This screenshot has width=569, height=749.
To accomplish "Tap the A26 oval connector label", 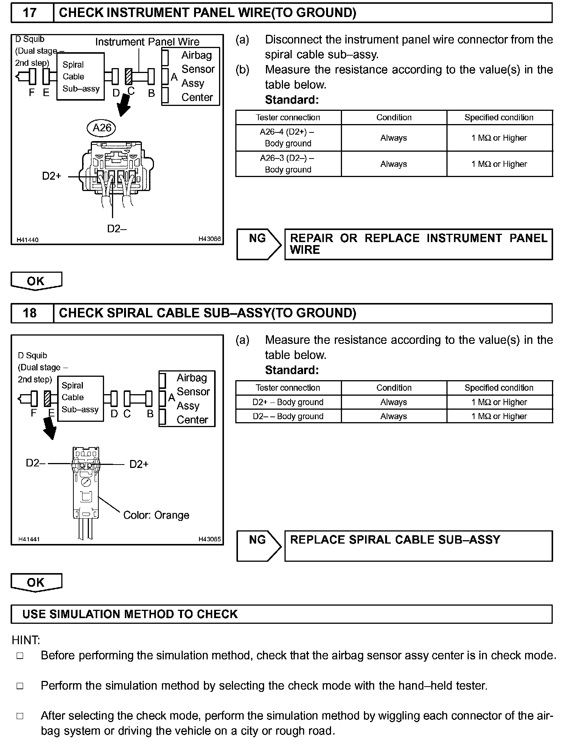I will [x=102, y=128].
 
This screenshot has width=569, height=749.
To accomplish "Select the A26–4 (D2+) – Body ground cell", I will [x=288, y=138].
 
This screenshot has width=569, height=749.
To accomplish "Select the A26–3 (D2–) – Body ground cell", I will [x=288, y=164].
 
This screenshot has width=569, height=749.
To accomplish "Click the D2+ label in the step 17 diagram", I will [x=51, y=176].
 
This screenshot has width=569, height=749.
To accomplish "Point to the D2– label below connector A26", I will [x=117, y=228].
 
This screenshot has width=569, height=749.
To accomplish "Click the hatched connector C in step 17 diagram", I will [x=129, y=76].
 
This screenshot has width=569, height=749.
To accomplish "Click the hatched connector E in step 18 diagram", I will [x=48, y=398].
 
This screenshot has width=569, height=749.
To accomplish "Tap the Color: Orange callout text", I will [x=156, y=515].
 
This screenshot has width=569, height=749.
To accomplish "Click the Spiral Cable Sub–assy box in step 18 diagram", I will [x=80, y=398].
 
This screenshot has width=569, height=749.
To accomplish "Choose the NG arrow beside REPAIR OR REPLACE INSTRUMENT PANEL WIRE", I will [x=258, y=244].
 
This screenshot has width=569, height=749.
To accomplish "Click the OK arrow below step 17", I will [x=36, y=281].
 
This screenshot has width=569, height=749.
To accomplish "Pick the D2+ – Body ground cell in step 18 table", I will [x=288, y=402].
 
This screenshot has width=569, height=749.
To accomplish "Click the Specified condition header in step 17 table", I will [x=499, y=117].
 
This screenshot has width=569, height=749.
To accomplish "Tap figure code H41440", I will [x=28, y=240].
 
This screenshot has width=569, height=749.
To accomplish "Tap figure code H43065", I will [x=210, y=539].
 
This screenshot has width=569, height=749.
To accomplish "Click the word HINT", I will [x=26, y=640].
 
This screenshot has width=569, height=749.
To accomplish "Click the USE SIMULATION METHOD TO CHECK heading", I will [x=130, y=614].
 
